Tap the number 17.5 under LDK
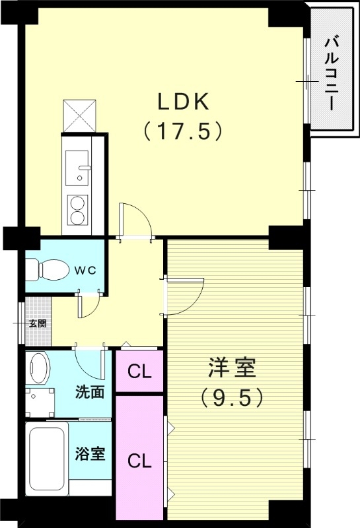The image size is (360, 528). tap(182, 131)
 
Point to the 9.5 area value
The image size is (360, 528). tap(232, 397)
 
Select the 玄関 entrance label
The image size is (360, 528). tap(37, 323)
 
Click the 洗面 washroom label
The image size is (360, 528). tap(89, 391)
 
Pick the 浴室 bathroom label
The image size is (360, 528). tap(89, 455)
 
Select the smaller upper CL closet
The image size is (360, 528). tap(139, 372)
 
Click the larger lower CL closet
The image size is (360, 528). tap(139, 460)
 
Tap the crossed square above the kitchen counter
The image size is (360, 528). tap(79, 115)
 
